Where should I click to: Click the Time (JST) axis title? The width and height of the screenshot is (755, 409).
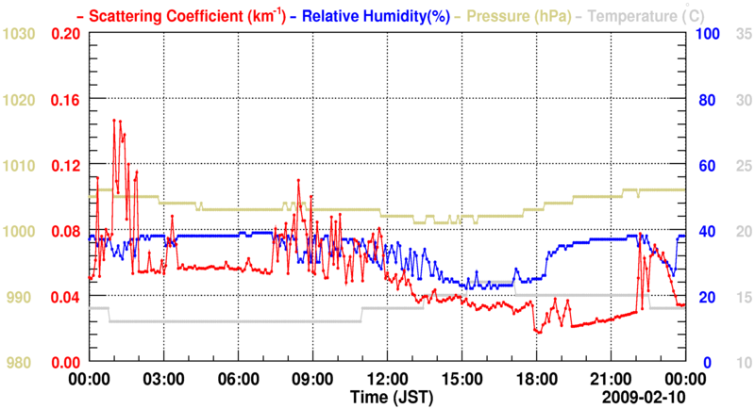click(386, 399)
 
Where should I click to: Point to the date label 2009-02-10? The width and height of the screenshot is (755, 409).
click(643, 399)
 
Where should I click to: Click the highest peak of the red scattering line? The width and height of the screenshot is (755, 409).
click(114, 121)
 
